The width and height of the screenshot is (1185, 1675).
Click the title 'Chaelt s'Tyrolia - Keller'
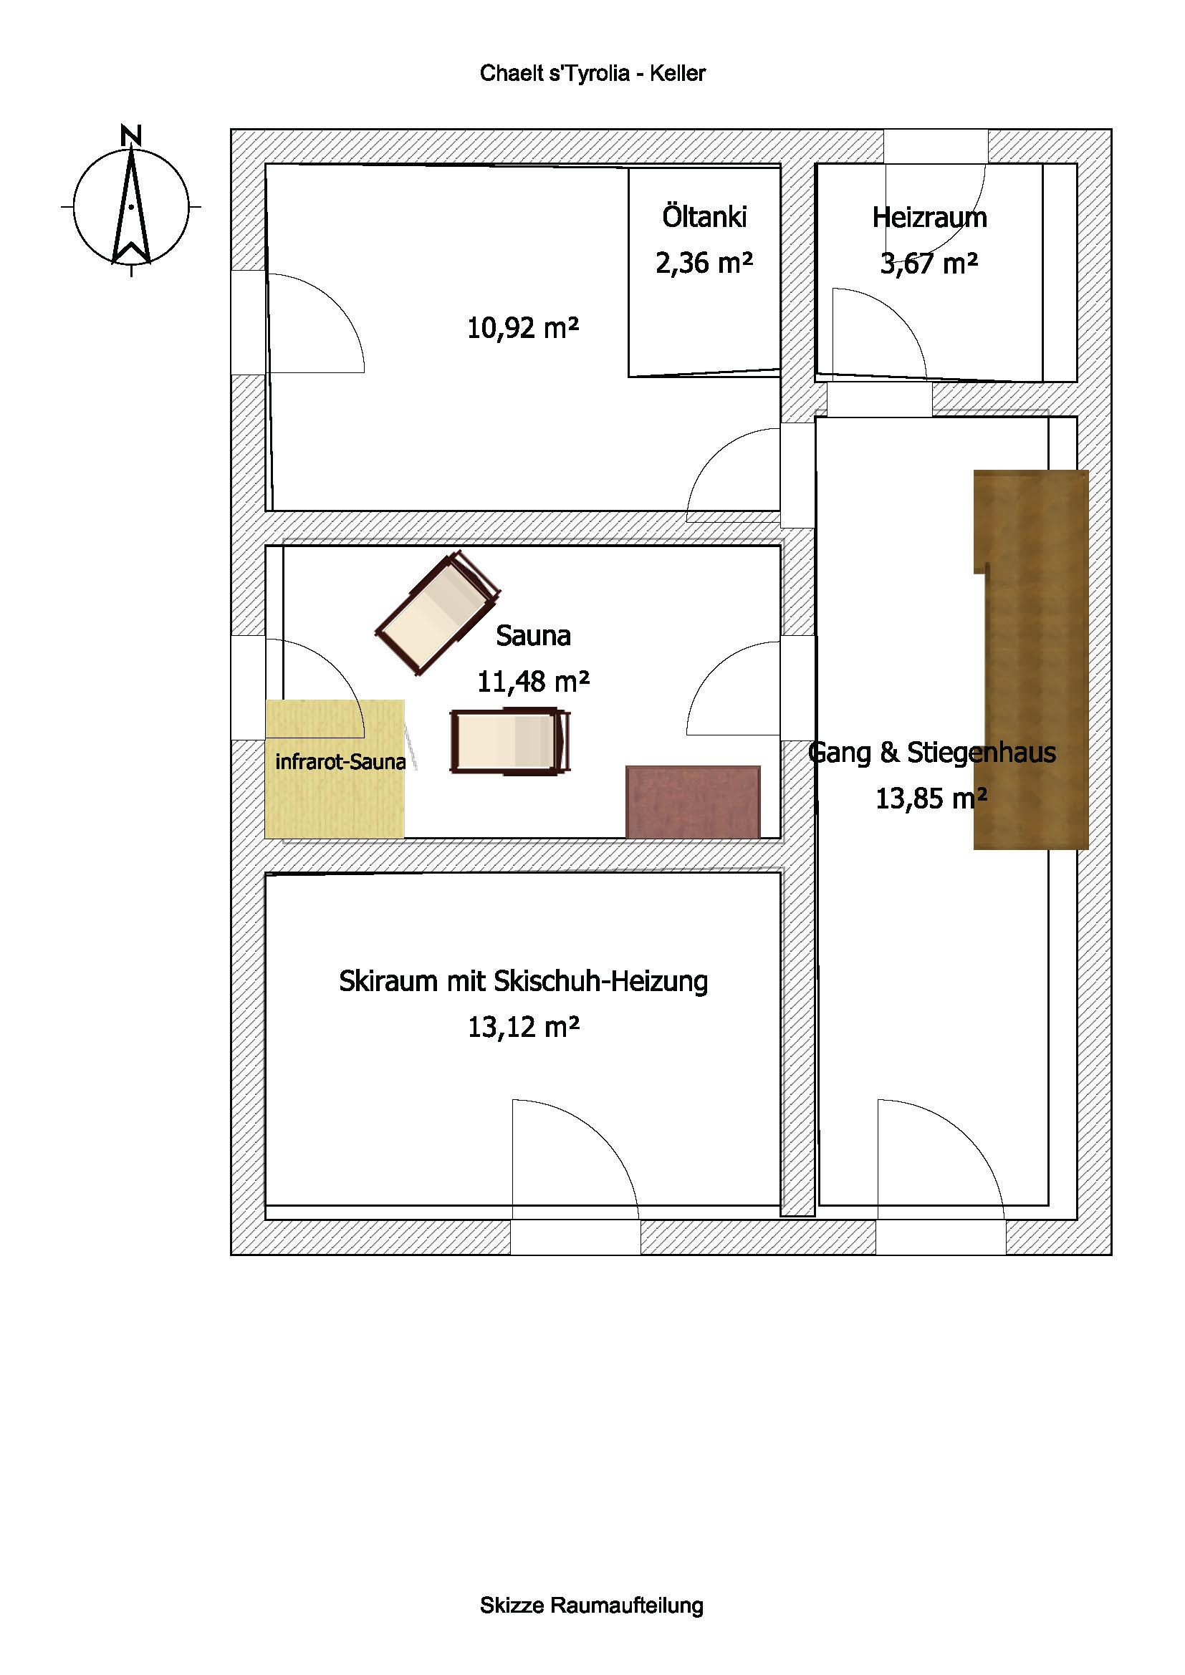592,74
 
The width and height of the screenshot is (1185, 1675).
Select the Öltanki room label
704,217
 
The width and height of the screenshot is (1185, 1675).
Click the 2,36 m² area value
704,263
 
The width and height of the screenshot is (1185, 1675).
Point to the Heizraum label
929,218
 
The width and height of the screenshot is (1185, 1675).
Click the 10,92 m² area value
523,328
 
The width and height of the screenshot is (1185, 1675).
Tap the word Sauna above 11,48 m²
534,635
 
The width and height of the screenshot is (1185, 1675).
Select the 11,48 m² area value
534,681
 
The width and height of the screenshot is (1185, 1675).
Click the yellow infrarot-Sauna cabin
335,768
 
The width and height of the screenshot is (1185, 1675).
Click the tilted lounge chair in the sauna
437,614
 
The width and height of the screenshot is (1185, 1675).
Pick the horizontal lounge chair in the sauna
510,740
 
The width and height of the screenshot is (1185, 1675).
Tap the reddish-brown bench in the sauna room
694,802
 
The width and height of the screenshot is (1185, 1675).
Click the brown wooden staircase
1031,660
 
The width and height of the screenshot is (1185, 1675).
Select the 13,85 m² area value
931,799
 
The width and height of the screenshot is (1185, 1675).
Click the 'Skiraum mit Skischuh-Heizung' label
523,981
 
